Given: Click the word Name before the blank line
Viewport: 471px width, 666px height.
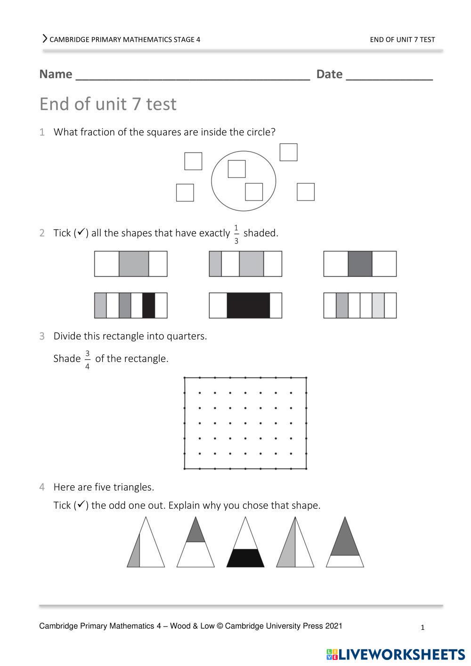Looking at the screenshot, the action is coord(56,74).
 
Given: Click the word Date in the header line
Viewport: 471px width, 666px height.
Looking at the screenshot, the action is coord(329,74).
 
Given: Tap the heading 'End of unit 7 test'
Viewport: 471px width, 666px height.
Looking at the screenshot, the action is coord(108,104).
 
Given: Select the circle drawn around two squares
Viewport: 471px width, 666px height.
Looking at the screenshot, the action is coord(211,181).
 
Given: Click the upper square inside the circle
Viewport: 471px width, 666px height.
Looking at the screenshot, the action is coord(237,169).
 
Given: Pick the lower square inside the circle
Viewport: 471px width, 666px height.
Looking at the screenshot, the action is coord(254,192).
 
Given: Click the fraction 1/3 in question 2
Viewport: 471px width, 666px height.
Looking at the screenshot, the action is coord(236,234).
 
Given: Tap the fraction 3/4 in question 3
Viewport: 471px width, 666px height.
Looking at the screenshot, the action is coord(87,360).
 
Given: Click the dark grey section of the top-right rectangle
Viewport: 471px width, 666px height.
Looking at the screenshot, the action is coord(360,264).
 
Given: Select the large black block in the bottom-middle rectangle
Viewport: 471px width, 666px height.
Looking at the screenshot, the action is coord(248,305).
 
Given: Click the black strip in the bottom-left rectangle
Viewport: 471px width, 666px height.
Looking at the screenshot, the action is coord(148,305).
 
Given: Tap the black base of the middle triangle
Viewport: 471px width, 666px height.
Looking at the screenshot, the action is coord(245,558).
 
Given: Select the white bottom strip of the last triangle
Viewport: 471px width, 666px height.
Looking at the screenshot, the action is coord(345,561).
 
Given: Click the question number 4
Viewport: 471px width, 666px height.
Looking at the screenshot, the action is coord(42,487).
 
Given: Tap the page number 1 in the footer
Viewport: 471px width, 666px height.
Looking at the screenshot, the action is coord(422,627).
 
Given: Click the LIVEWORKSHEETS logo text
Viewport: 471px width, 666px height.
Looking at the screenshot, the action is coord(402,655).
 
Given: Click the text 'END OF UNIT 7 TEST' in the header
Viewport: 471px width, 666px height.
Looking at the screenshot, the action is coord(402,40).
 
